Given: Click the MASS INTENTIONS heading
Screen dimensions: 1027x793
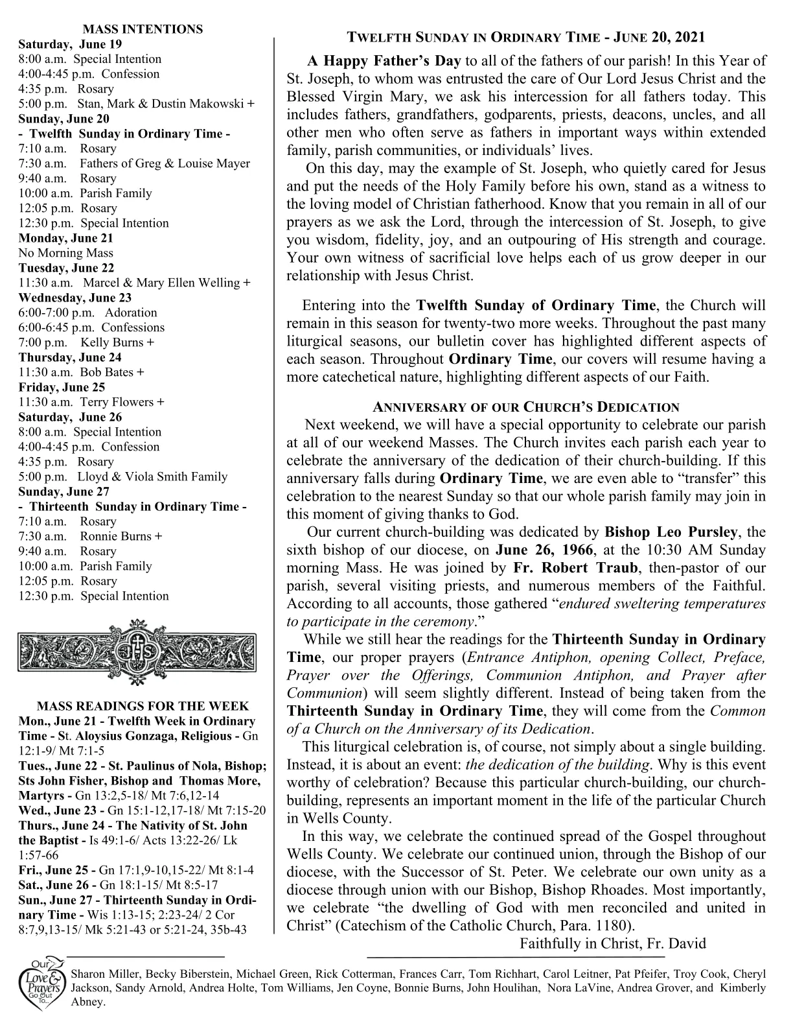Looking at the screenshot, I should (143, 29).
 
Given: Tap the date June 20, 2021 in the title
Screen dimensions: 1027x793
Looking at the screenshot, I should (660, 37).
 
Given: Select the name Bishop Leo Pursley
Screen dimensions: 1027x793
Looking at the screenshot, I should (671, 532).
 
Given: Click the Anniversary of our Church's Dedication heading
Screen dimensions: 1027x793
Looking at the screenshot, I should (526, 407).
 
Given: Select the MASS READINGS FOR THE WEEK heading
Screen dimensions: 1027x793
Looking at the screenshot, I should (143, 706).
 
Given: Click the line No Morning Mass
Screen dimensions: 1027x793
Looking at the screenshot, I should (65, 253).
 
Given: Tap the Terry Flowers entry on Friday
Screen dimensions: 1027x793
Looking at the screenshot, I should (122, 402).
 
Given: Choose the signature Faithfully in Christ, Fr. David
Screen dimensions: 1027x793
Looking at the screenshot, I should (612, 943).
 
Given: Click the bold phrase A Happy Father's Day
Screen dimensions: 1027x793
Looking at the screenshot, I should (384, 61).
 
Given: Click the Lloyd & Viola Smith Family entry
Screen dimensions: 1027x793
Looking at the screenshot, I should (153, 477).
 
